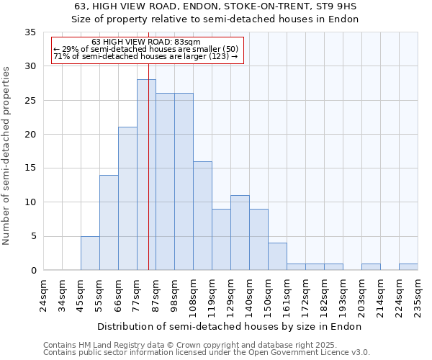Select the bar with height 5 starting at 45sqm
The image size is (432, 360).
pos(90,253)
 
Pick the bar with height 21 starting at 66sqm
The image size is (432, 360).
pos(127,199)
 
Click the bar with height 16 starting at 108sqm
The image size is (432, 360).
pos(202,215)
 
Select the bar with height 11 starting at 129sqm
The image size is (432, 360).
pos(240,233)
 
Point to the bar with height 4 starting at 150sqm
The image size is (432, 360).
pos(277,256)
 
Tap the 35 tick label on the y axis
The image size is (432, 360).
pos(30,32)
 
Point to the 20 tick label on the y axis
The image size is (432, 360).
pos(30,135)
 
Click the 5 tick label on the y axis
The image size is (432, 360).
pos(33,236)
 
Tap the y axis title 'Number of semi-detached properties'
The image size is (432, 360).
pos(7,156)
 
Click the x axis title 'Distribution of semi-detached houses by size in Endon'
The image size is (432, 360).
pos(229,327)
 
